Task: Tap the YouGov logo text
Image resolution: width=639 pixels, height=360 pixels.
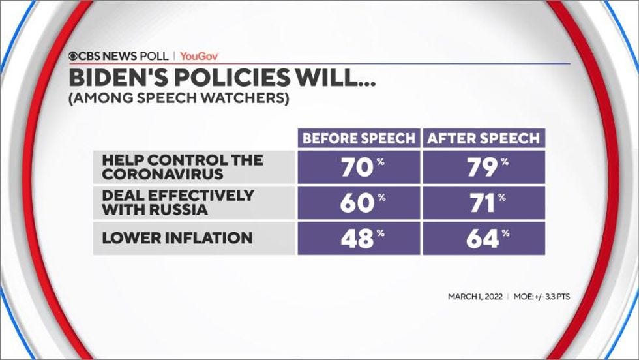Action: tap(199, 56)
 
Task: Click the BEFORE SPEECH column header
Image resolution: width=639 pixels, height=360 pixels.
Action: tap(358, 138)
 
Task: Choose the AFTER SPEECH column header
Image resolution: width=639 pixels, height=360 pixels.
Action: tap(483, 138)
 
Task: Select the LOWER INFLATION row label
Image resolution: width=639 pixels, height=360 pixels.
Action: tap(177, 238)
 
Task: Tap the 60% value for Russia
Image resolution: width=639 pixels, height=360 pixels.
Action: tap(358, 203)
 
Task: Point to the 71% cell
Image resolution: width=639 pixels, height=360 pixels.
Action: tap(483, 203)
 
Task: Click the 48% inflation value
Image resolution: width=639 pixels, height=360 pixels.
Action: tap(358, 239)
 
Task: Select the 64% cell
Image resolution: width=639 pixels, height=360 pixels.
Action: tap(483, 239)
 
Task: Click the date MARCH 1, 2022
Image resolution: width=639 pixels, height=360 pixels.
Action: tap(475, 297)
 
